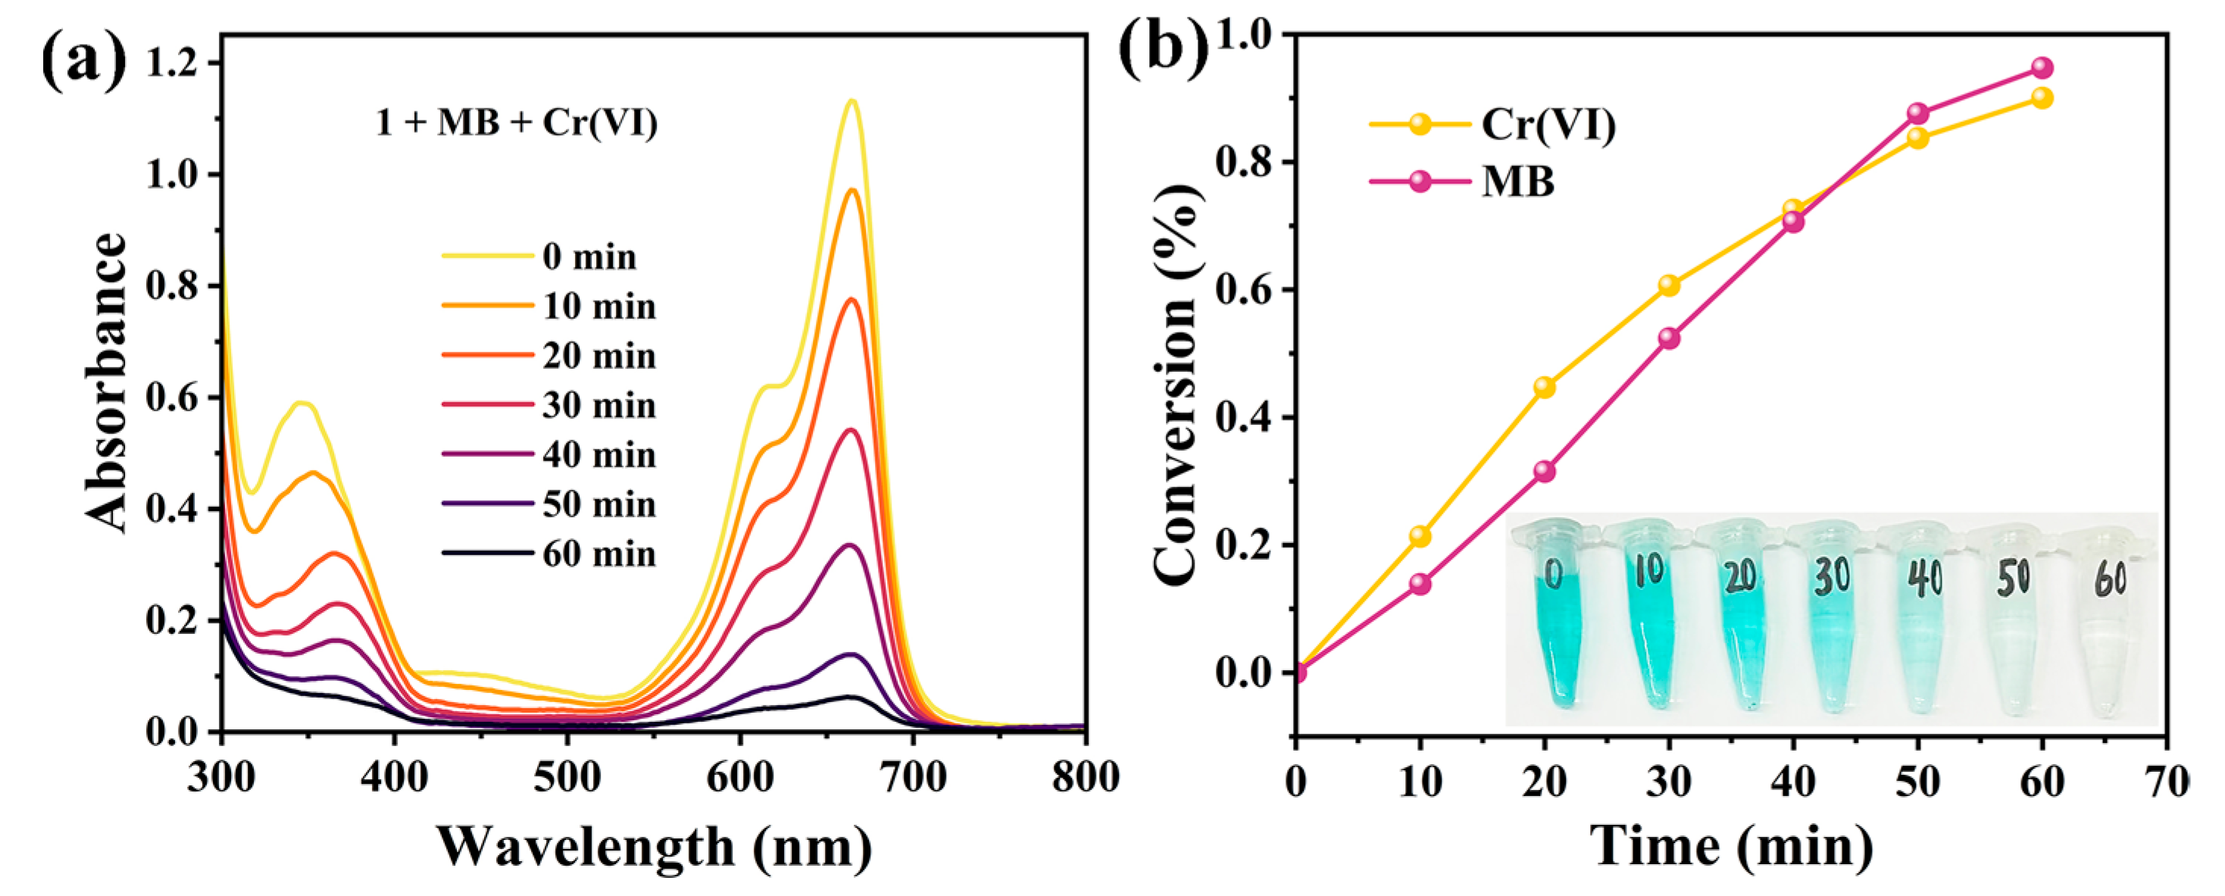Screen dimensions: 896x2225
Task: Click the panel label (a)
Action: [84, 62]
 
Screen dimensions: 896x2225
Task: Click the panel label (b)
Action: [1164, 48]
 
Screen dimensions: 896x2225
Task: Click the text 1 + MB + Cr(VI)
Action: [517, 123]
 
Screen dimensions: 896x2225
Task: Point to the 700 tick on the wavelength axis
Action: [913, 778]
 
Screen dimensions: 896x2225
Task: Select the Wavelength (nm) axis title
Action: [654, 847]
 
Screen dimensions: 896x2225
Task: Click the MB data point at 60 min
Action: [2042, 67]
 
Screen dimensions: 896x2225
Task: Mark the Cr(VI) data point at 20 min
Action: [1545, 388]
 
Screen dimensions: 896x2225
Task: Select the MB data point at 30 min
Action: [1669, 339]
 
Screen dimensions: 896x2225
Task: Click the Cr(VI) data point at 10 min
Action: [1420, 536]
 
